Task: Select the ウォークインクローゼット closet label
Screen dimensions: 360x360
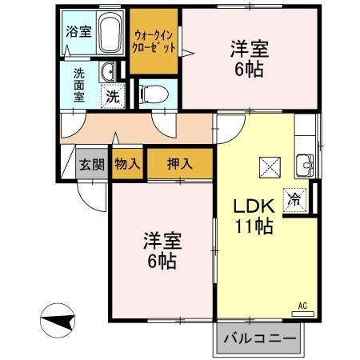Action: (155, 40)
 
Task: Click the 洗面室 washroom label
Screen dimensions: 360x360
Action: (79, 84)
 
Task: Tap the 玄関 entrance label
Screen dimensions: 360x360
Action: (92, 165)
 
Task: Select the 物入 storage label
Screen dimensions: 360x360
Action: (127, 164)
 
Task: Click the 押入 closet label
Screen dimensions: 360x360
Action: (180, 164)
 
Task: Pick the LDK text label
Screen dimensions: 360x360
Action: (254, 206)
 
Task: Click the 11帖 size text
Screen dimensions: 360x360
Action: (254, 226)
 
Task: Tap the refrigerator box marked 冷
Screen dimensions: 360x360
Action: (296, 199)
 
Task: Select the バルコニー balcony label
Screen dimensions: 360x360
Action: (259, 338)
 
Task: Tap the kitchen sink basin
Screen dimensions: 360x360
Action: (305, 166)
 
